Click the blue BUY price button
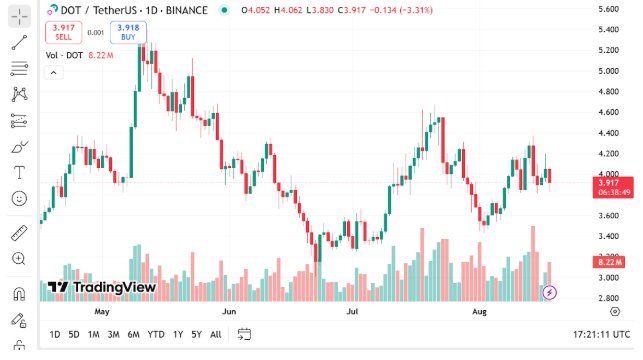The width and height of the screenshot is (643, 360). pos(127,31)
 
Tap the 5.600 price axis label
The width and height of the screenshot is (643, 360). pos(608,9)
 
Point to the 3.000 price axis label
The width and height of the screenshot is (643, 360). pos(608,278)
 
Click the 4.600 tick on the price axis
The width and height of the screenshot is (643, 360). pos(608,113)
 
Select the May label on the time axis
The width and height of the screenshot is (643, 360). pos(101,311)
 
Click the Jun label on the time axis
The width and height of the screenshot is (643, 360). pos(230,311)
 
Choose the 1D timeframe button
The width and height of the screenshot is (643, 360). pos(55,334)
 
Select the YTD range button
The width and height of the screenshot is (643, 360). pos(156,334)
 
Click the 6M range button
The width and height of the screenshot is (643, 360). pos(133,334)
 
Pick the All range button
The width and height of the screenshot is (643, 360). pos(216,334)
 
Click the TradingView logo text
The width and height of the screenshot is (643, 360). pos(103,287)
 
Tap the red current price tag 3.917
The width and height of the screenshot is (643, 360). pos(608,183)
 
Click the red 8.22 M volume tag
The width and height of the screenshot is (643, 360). pos(608,262)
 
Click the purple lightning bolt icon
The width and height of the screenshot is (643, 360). pos(549,292)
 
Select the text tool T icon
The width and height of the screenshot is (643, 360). pos(18,172)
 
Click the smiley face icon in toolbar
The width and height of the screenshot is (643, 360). pos(18,198)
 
